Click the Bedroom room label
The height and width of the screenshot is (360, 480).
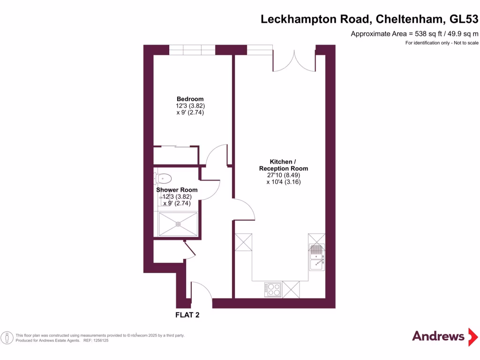190,99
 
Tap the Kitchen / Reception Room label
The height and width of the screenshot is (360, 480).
284,165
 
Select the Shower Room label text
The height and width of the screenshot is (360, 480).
177,190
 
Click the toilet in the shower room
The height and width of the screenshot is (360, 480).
162,178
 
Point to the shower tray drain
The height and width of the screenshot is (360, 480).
178,224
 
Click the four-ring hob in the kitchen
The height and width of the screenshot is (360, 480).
272,289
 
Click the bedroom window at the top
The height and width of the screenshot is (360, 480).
192,50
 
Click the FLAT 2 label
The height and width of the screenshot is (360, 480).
187,315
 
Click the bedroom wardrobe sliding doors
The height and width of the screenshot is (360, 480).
176,147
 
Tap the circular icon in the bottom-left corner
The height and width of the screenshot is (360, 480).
7,337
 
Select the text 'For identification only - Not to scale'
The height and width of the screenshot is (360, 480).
442,43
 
